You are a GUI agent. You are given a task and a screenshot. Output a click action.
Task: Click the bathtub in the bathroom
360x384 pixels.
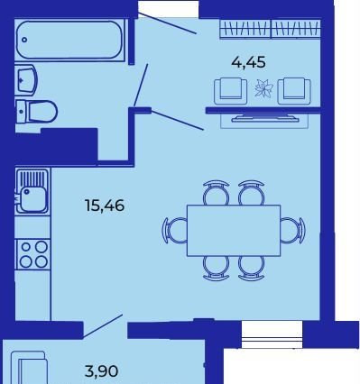(x=69, y=41)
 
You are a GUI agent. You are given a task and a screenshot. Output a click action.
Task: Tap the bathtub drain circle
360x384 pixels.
(x=24, y=40)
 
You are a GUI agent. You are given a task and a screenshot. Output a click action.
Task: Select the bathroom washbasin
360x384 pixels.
(x=26, y=80)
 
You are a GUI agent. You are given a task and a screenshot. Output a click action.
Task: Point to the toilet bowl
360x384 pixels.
(x=36, y=112)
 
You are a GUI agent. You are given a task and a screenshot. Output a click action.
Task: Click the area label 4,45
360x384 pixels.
(x=248, y=62)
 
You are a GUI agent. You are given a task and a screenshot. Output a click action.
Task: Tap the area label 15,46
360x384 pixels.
(x=105, y=206)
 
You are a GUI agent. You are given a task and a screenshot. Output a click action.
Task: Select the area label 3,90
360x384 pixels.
(x=101, y=371)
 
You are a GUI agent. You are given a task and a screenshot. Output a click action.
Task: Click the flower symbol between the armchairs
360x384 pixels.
(x=263, y=89)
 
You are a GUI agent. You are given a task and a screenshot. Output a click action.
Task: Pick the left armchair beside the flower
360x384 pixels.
(x=231, y=91)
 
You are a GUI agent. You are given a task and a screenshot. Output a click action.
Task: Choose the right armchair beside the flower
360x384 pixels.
(x=294, y=91)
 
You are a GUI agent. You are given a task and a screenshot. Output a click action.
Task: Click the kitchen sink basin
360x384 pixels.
(x=32, y=198)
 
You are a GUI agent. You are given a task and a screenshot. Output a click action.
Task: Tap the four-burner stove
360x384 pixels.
(x=32, y=254)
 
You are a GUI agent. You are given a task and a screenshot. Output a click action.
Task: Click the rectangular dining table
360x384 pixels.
(x=234, y=231)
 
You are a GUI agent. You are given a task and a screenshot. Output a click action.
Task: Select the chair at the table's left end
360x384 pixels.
(x=174, y=231)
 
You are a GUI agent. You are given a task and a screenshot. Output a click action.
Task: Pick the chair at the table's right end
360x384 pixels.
(x=293, y=231)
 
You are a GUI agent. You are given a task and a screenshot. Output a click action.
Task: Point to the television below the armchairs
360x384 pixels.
(x=265, y=118)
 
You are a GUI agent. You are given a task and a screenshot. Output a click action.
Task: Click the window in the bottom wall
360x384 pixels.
(x=272, y=334)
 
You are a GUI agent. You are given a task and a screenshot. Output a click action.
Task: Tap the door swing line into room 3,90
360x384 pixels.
(x=103, y=325)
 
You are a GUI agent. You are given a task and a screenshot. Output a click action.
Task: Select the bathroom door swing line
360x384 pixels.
(x=141, y=85)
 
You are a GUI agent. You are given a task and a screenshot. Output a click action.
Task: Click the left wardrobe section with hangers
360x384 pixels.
(x=245, y=29)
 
